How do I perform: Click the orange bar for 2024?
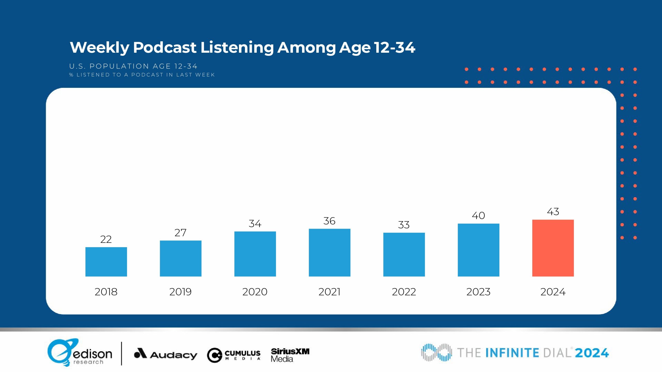point(553,248)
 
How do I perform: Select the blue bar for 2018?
point(106,262)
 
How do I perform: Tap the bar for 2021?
point(329,252)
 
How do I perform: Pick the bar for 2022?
point(404,254)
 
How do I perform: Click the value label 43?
point(553,212)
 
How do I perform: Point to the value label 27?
point(180,233)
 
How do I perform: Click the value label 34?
point(255,224)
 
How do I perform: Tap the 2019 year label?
point(180,292)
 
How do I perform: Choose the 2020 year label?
point(255,292)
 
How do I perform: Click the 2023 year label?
point(478,292)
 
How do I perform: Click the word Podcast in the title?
point(165,48)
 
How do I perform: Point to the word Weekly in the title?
point(100,48)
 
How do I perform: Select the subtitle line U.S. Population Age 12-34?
point(133,66)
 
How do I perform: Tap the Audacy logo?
point(165,354)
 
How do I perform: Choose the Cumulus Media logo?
point(234,355)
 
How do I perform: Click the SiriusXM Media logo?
point(290,355)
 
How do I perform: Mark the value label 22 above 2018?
point(106,239)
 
